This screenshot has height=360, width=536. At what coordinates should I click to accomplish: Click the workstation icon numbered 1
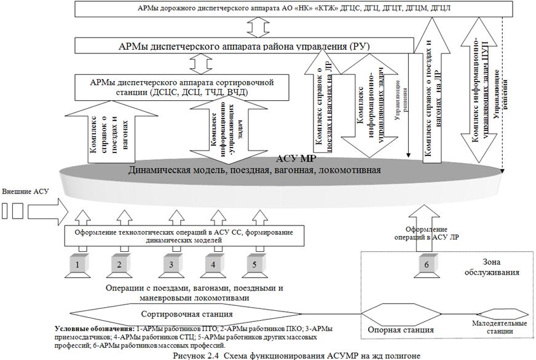pyautogui.click(x=77, y=265)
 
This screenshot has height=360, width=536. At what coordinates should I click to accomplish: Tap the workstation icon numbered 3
pyautogui.click(x=171, y=265)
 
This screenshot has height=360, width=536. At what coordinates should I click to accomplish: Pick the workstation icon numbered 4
pyautogui.click(x=213, y=265)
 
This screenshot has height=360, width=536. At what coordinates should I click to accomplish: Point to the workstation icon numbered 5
pyautogui.click(x=254, y=265)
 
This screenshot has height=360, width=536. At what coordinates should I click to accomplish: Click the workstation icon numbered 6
pyautogui.click(x=424, y=265)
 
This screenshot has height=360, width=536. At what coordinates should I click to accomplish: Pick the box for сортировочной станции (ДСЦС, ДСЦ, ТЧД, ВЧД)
pyautogui.click(x=182, y=86)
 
